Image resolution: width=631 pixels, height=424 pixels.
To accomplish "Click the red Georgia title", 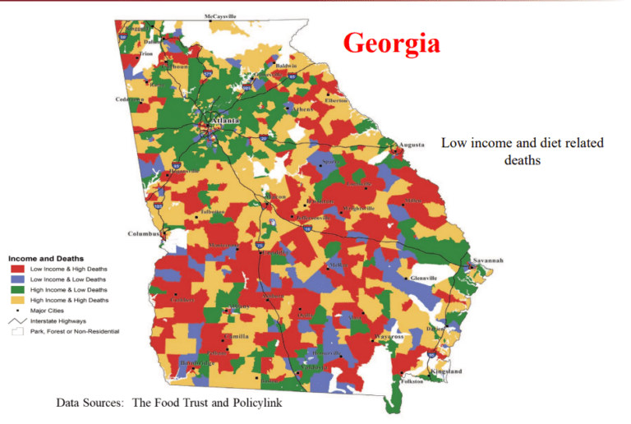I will pos(391,43).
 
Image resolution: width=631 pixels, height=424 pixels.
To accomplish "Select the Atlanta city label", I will pos(225,120).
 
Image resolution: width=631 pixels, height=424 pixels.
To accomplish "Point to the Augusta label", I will pos(411,145).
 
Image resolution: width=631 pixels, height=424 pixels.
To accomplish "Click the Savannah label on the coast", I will pos(486,260).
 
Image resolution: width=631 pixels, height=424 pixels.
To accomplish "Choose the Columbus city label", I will pos(143,233).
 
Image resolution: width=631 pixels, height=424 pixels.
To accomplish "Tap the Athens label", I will pos(303,108).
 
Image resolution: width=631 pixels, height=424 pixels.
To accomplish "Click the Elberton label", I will pos(336,100).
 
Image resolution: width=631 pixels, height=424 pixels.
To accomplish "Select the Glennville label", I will pos(424,278).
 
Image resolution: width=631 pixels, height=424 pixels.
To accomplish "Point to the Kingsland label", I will pos(447,371).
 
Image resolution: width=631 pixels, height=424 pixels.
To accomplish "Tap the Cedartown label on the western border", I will pos(129,99).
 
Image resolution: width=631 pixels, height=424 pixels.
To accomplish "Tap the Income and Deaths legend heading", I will pos(45,259).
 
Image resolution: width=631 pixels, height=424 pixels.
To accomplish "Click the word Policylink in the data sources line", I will pos(251,403).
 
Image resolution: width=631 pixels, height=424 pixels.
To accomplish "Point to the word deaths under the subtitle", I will pos(522,159).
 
